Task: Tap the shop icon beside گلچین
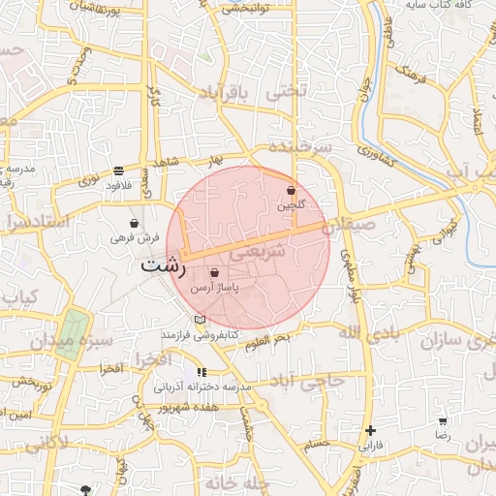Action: coord(292,191)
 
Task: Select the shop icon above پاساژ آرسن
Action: coord(214,274)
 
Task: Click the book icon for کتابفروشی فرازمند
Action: coord(200,320)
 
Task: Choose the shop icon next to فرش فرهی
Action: coord(133,223)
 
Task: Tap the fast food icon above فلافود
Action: coord(118,170)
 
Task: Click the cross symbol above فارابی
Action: coord(371,430)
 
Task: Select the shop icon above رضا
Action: coord(443,421)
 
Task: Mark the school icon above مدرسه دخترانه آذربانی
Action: coord(201,372)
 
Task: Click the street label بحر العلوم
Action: coord(266,339)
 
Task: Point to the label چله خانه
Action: coord(241,481)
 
